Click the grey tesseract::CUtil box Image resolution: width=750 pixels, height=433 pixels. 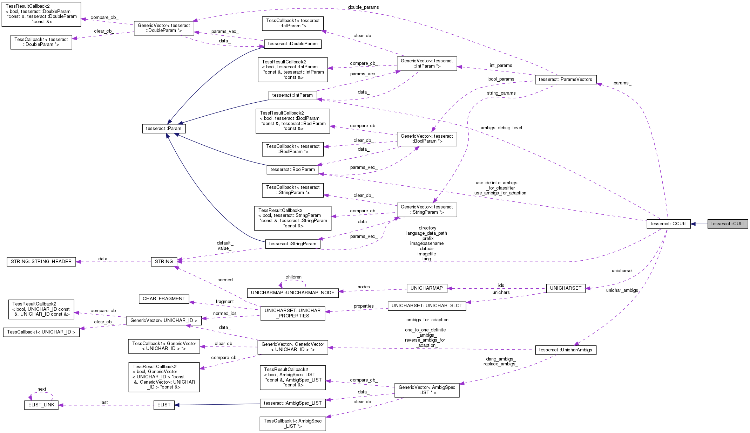pos(728,224)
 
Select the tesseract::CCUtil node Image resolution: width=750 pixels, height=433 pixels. pos(668,224)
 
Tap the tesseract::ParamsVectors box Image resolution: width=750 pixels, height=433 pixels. pos(565,80)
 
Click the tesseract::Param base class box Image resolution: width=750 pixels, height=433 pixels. pos(164,129)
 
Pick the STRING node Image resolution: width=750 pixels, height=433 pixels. pos(164,261)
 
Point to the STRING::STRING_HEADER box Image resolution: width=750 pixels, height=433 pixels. pos(41,261)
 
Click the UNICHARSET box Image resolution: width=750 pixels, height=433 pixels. pos(566,288)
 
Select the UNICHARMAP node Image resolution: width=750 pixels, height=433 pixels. pos(426,288)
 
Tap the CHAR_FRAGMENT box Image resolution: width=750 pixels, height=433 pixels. pos(164,298)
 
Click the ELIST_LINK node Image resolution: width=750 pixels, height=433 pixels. pos(41,405)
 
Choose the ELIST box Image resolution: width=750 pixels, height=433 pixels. pos(164,405)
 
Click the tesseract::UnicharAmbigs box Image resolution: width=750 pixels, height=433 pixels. pos(565,350)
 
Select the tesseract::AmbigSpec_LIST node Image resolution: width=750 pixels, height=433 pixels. pos(292,403)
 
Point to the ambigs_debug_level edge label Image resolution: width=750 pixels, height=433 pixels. pos(501,128)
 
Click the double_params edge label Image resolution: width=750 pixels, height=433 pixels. pos(363,7)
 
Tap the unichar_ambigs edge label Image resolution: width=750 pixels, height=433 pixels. pos(622,290)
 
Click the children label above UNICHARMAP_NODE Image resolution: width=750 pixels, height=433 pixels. pos(293,277)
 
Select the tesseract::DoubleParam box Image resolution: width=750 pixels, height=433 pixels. pos(292,44)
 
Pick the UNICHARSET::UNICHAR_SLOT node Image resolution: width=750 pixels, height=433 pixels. pos(426,305)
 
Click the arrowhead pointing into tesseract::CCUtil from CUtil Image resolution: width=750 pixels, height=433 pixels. pos(693,224)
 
